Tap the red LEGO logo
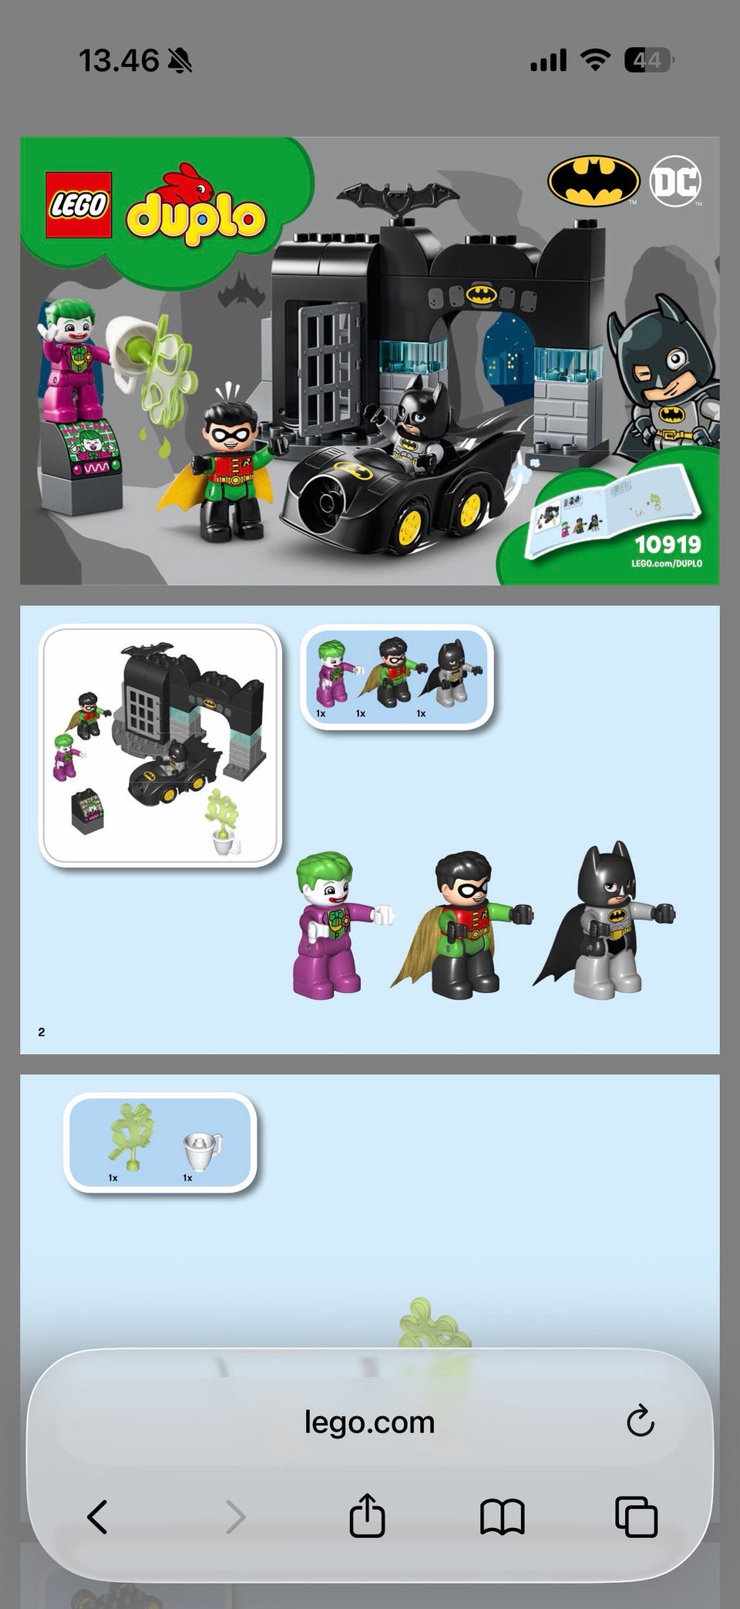click(79, 204)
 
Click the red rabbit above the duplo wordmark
click(185, 183)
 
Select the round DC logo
click(675, 182)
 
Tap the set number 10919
click(668, 544)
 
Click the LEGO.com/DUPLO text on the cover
click(667, 564)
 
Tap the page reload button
click(641, 1420)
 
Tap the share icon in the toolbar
click(367, 1515)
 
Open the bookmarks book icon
click(503, 1516)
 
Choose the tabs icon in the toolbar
click(636, 1516)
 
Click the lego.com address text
click(370, 1422)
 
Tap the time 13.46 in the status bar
click(119, 60)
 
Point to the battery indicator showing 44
click(648, 59)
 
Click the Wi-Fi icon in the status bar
click(594, 59)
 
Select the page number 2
click(42, 1032)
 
